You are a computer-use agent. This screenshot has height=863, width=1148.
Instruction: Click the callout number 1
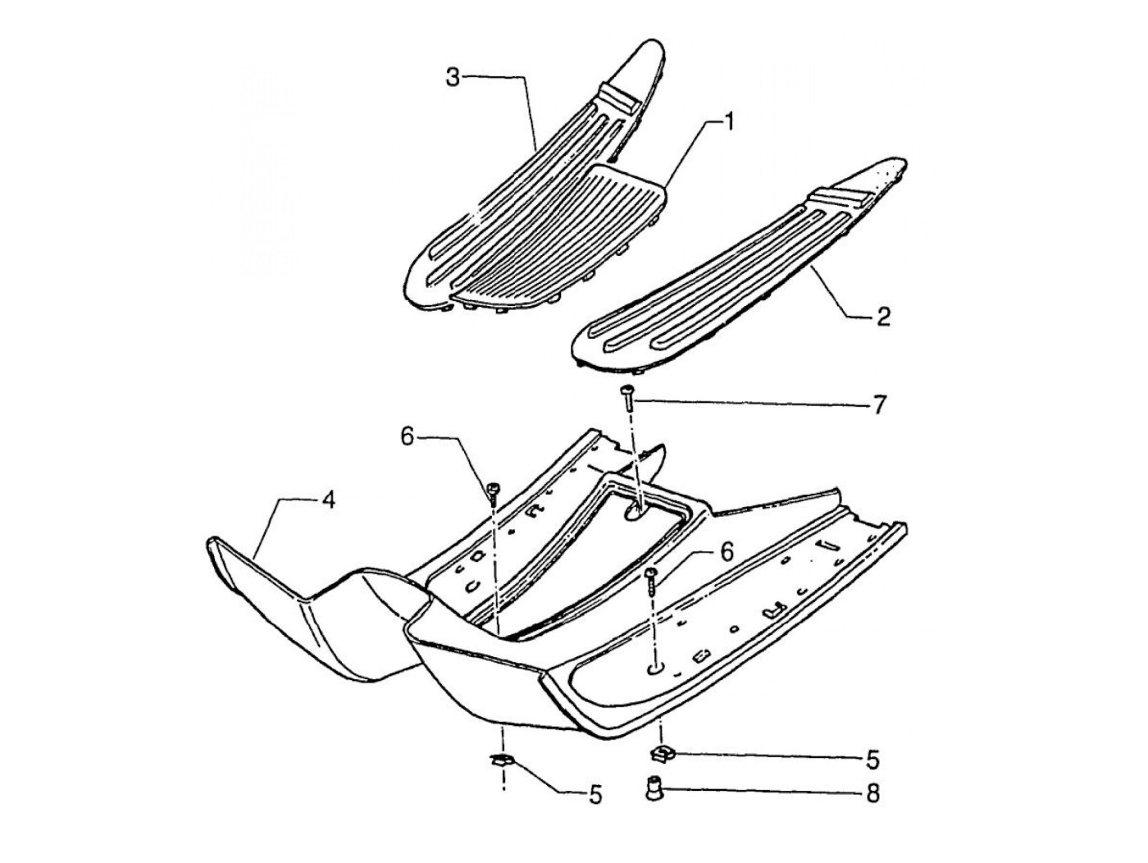[727, 123]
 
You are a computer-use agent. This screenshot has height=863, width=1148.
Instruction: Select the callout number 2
[883, 316]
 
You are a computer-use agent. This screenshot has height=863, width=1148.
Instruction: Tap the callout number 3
[453, 78]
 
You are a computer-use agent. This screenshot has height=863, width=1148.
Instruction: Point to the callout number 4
[327, 500]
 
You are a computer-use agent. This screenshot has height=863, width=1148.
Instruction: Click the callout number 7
[878, 404]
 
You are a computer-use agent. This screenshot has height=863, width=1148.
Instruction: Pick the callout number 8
[872, 793]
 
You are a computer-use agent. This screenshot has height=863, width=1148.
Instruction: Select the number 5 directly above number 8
[872, 759]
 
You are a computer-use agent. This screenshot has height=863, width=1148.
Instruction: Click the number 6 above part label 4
[408, 437]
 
